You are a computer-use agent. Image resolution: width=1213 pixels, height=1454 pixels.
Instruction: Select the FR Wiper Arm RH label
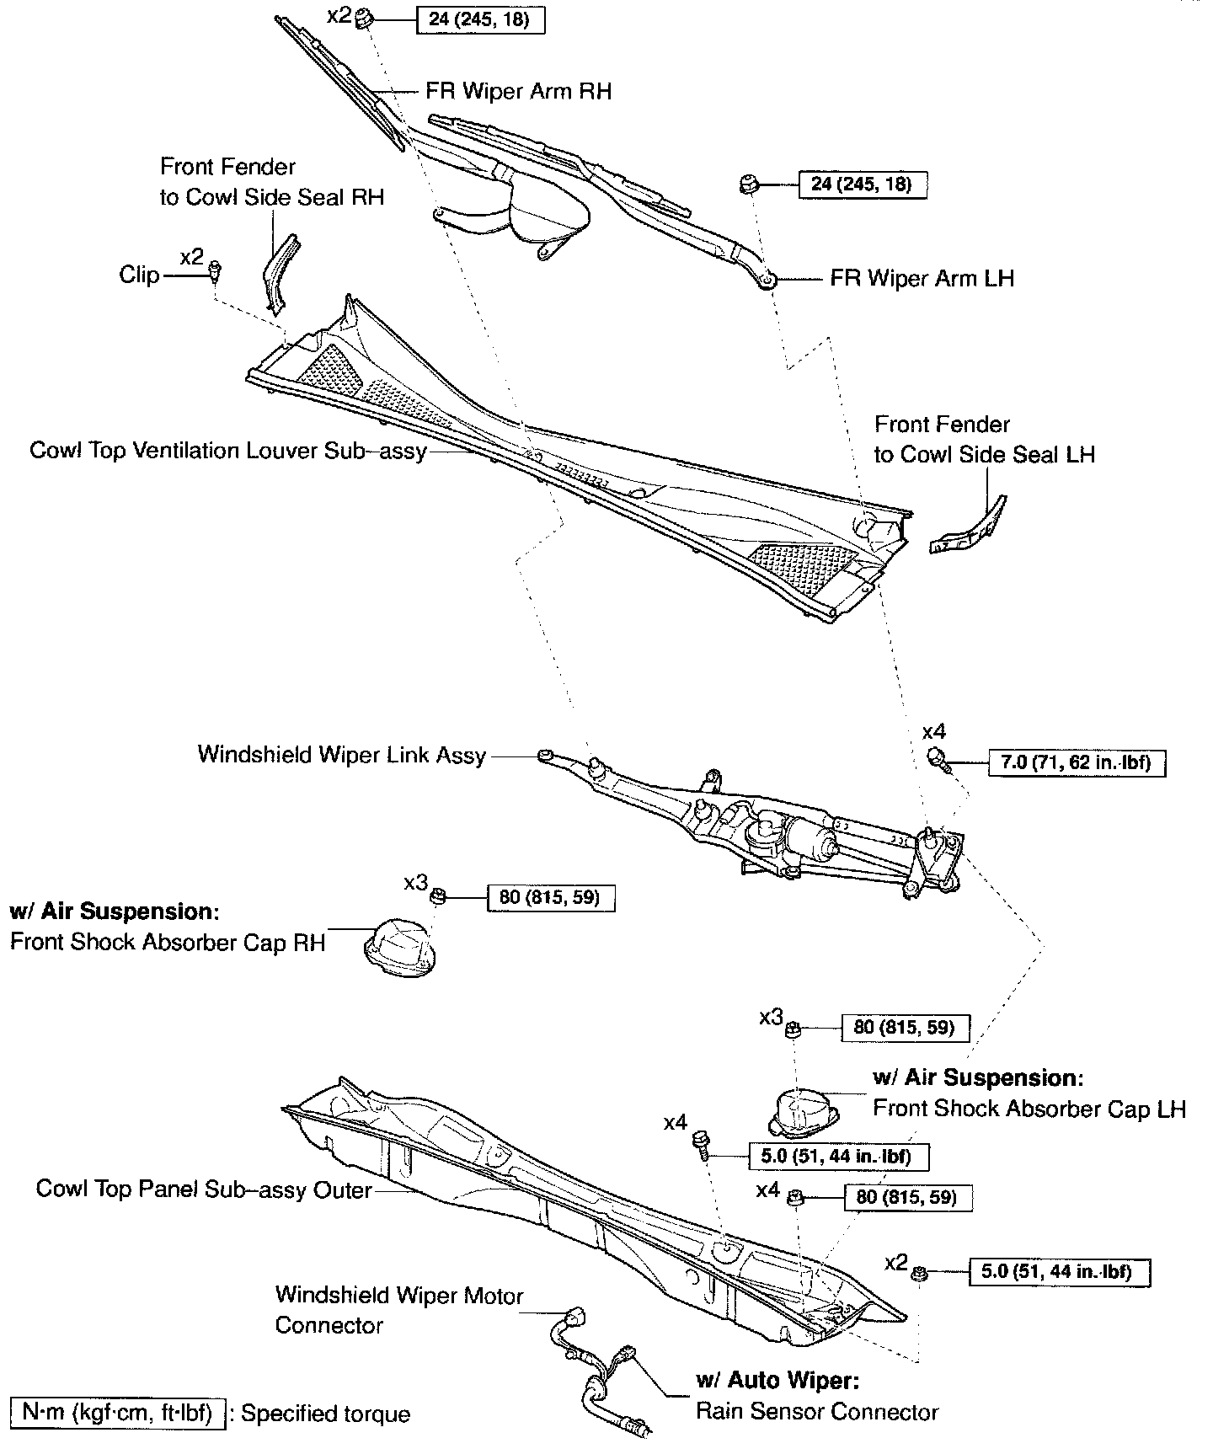[518, 91]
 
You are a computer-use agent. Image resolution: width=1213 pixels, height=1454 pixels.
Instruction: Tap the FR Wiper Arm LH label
[922, 278]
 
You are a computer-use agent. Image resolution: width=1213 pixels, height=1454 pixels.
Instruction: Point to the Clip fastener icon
[216, 270]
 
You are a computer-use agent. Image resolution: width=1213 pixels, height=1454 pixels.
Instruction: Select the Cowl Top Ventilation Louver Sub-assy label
[228, 451]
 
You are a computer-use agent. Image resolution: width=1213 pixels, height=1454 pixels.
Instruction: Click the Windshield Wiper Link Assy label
[342, 754]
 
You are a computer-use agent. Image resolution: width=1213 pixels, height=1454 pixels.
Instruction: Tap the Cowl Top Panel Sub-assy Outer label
[204, 1189]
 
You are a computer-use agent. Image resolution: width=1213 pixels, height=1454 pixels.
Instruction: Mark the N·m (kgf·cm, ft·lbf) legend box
[117, 1413]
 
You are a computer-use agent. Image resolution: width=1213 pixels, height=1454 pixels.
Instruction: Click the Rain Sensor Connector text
[816, 1411]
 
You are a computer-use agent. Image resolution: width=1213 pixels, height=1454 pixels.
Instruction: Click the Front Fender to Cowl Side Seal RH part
[279, 271]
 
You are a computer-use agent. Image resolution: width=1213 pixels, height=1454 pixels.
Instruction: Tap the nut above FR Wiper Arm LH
[745, 184]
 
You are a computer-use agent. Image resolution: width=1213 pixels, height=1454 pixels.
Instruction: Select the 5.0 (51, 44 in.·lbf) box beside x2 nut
[1061, 1271]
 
